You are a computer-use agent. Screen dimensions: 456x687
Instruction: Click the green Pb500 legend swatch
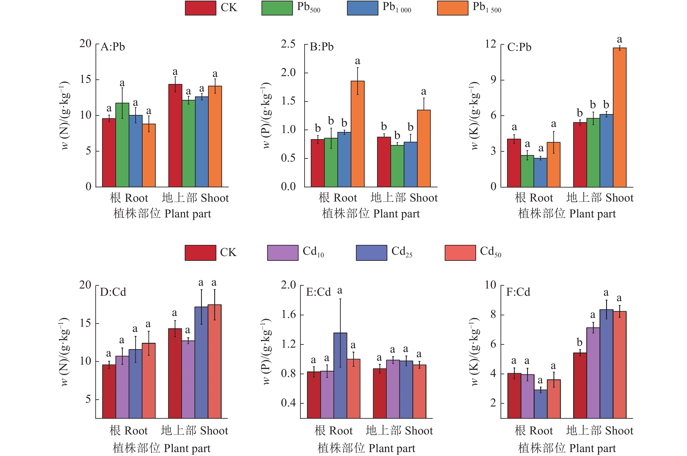pos(277,8)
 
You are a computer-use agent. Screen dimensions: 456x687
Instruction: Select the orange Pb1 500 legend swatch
pos(452,8)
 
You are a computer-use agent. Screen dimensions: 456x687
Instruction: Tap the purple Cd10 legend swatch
pos(282,253)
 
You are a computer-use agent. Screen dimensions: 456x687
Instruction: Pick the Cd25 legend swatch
pos(371,253)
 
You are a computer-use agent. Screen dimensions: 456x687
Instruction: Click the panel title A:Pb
pos(113,47)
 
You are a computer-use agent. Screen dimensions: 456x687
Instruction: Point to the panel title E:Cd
pos(318,292)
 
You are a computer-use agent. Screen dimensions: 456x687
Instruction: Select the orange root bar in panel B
pos(357,134)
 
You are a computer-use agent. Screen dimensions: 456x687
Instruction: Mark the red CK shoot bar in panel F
pos(580,385)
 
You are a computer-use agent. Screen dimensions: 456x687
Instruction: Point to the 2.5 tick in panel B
pos(288,44)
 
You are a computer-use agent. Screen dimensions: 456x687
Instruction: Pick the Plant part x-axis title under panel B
pos(371,214)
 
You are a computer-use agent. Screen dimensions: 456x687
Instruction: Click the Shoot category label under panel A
pos(195,198)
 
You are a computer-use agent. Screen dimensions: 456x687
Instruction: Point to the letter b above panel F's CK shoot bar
pos(579,343)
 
